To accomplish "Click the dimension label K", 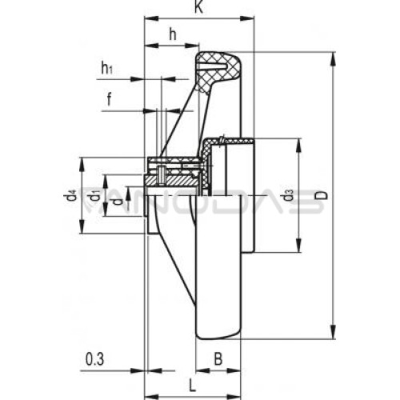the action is [198, 7].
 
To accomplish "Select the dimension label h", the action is [173, 34].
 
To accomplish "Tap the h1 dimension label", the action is [106, 68].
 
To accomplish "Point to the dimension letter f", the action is [109, 100].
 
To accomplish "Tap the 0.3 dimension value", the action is [94, 359].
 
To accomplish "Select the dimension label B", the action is [218, 359].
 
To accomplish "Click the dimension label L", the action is [192, 386].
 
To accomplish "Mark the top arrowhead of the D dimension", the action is [333, 59].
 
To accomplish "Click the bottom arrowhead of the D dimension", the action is [333, 332].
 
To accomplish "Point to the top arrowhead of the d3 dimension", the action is [298, 146].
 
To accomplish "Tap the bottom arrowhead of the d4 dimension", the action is [82, 226].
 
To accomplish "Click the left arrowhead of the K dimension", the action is [151, 18].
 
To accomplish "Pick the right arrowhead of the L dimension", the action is [234, 396].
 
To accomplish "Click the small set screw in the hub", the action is [162, 175].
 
